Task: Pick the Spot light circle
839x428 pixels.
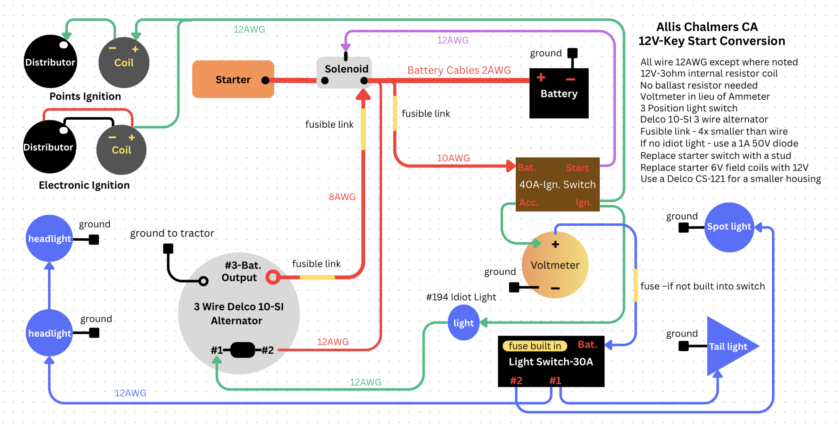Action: tap(728, 227)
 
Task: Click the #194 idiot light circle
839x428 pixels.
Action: tap(463, 323)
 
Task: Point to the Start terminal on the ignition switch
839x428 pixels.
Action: tap(577, 168)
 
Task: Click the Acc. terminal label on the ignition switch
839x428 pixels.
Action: tap(528, 202)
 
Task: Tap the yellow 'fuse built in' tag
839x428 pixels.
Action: tap(535, 346)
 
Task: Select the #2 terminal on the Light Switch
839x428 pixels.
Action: tap(516, 381)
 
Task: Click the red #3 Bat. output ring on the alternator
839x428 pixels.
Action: tap(273, 277)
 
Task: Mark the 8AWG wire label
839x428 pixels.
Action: tap(342, 197)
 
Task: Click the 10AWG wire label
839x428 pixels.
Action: tap(453, 158)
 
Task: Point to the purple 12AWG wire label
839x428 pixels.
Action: tap(453, 40)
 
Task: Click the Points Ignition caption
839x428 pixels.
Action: tap(85, 97)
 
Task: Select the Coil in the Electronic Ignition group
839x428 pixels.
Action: tap(121, 150)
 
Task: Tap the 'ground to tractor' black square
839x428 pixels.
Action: tap(168, 249)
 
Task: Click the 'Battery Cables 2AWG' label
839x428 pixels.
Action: tap(459, 70)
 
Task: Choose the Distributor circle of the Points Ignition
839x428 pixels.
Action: tap(50, 62)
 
